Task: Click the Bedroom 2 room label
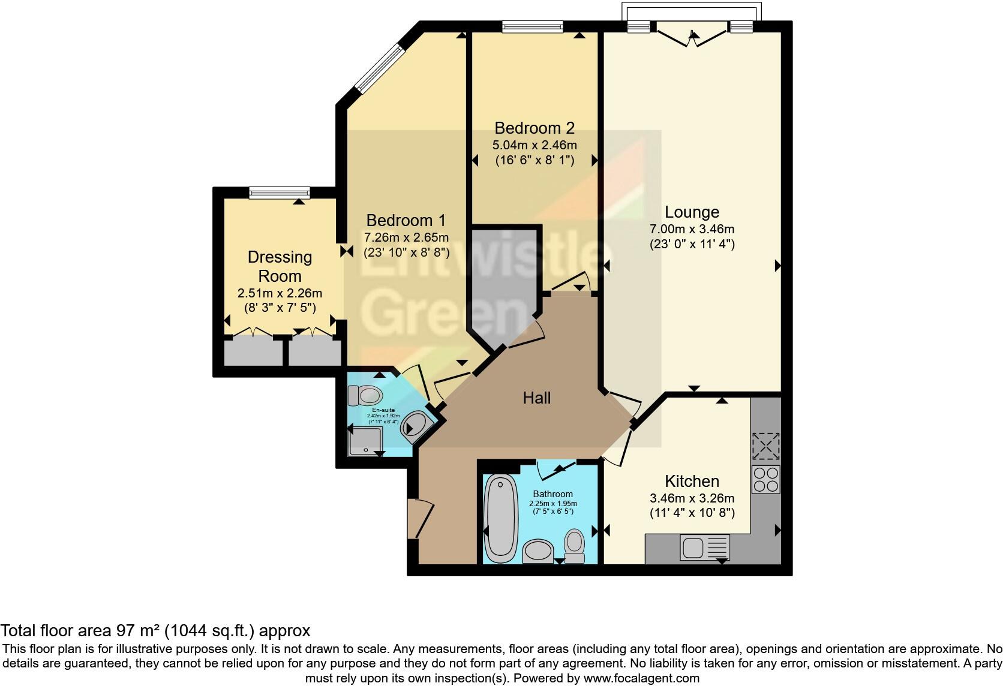click(x=534, y=128)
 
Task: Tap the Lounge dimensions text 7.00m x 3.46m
click(x=692, y=229)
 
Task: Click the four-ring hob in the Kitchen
click(x=765, y=479)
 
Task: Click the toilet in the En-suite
click(x=366, y=395)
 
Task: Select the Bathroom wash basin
click(x=538, y=551)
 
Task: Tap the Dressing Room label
click(x=280, y=266)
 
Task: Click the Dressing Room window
click(x=280, y=192)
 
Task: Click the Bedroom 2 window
click(x=532, y=26)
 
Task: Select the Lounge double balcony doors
click(x=693, y=35)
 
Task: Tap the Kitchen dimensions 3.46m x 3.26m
click(x=692, y=498)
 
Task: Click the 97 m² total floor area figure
click(x=138, y=631)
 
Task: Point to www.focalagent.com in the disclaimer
click(x=641, y=679)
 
